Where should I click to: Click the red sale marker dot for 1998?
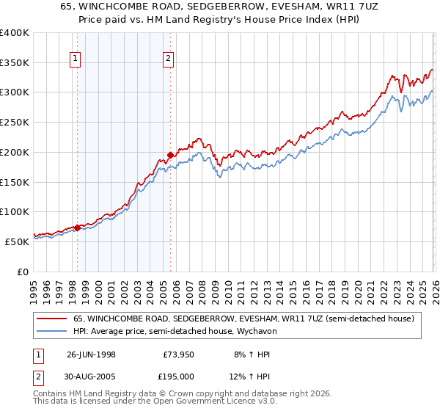[x=78, y=228]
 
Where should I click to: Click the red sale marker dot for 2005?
[x=170, y=155]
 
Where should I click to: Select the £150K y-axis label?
[x=15, y=181]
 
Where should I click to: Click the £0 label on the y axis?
[x=22, y=271]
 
